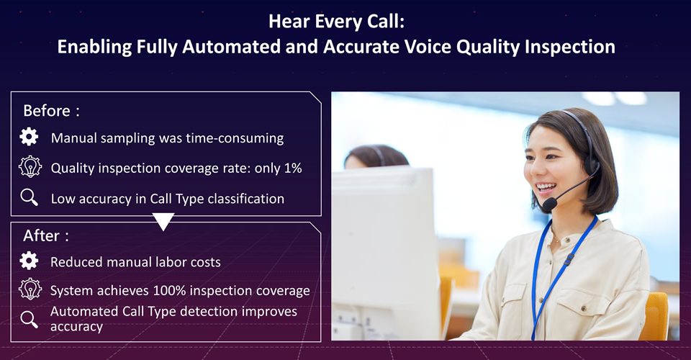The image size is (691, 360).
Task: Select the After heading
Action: pos(46,235)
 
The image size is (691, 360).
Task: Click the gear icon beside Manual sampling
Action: pos(29,137)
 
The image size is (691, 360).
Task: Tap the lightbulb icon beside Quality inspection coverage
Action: pos(30,167)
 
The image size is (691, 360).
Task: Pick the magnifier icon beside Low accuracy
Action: pos(30,198)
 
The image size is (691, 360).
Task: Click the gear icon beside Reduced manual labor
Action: pos(29,261)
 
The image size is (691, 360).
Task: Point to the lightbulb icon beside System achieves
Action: pos(30,289)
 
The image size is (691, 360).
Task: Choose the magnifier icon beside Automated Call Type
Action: pos(30,320)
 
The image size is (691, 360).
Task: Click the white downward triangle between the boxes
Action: pos(163,221)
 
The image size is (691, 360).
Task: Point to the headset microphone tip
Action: pos(549,204)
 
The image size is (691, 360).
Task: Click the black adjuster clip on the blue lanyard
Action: pos(569,259)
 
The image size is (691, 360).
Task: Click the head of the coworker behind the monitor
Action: pos(376,157)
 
